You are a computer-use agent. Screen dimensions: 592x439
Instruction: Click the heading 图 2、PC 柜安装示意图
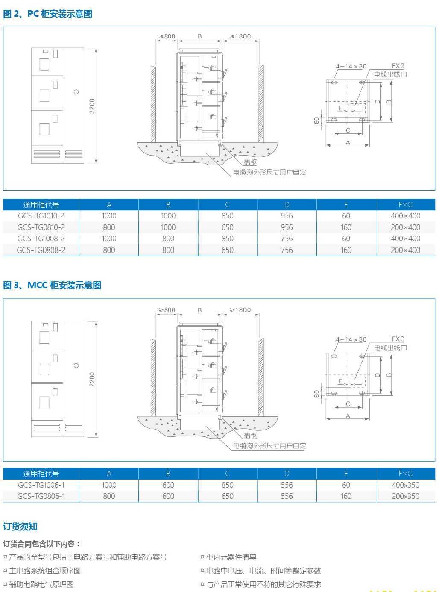click(47, 14)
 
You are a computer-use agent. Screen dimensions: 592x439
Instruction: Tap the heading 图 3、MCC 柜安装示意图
click(52, 285)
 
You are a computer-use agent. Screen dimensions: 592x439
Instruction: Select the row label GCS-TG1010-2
click(41, 216)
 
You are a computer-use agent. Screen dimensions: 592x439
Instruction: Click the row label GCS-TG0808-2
click(41, 250)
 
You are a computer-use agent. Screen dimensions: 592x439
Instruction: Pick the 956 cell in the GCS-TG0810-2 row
click(287, 227)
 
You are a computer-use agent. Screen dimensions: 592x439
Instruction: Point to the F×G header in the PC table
click(405, 205)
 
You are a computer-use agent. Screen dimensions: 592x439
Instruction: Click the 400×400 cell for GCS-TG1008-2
click(405, 239)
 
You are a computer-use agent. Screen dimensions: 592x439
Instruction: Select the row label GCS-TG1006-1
click(41, 485)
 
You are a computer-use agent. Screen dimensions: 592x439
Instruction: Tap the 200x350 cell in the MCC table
click(405, 496)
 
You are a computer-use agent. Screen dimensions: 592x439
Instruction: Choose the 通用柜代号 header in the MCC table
click(41, 474)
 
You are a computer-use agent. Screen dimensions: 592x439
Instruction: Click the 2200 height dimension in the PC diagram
click(92, 106)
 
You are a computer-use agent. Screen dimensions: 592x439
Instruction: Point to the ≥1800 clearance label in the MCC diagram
click(240, 310)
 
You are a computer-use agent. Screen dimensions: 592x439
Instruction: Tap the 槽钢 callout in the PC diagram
click(251, 162)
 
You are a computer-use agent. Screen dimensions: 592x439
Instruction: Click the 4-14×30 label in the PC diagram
click(351, 66)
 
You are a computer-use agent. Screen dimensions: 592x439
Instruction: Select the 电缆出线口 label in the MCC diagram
click(390, 348)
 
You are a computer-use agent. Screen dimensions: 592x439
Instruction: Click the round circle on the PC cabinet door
click(76, 92)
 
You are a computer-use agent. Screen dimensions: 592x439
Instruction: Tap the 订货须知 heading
click(20, 527)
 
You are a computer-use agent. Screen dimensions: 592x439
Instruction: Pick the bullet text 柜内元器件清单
click(231, 557)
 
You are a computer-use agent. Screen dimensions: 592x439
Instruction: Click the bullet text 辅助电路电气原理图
click(41, 584)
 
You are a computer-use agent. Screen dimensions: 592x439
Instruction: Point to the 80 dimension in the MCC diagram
click(316, 393)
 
